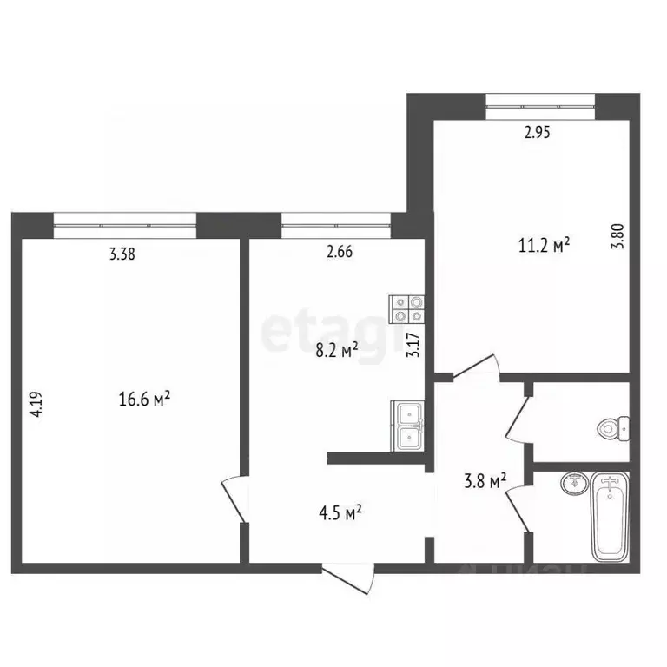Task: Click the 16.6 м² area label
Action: pos(143,400)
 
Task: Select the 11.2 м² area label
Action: pos(544,245)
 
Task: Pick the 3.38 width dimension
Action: pos(122,254)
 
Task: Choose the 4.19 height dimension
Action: pos(36,406)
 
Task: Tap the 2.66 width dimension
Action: pos(340,254)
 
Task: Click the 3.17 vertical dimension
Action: pos(414,348)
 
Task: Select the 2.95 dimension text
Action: pos(538,134)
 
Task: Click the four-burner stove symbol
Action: pos(408,309)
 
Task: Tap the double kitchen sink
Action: pos(407,426)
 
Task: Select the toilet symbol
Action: pos(612,427)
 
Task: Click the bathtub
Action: pos(611,517)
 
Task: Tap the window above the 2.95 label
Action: pos(538,106)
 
